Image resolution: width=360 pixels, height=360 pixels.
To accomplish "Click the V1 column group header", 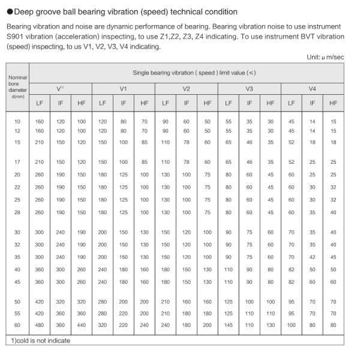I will (123, 88).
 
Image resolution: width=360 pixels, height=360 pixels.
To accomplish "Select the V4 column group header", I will (312, 88).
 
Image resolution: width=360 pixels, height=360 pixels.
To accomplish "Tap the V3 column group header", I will (249, 88).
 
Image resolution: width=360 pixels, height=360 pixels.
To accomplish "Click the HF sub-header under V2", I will (207, 103).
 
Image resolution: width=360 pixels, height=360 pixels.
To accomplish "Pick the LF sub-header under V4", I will (291, 103).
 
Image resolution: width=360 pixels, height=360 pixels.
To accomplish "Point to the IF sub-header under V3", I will (249, 103).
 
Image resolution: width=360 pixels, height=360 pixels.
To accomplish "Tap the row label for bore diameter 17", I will (17, 162).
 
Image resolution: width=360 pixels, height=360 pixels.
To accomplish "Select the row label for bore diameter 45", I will (17, 281).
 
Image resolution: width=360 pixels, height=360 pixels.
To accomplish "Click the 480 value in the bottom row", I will (40, 325).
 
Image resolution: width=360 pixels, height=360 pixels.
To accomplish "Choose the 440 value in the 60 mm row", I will (82, 325).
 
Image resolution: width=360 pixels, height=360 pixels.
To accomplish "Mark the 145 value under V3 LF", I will (228, 325).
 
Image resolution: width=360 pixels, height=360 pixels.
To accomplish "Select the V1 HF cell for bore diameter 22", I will (144, 187).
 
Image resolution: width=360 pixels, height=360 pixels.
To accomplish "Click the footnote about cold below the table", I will (40, 341).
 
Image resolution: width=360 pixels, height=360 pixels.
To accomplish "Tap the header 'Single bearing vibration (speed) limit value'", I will (186, 73).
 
